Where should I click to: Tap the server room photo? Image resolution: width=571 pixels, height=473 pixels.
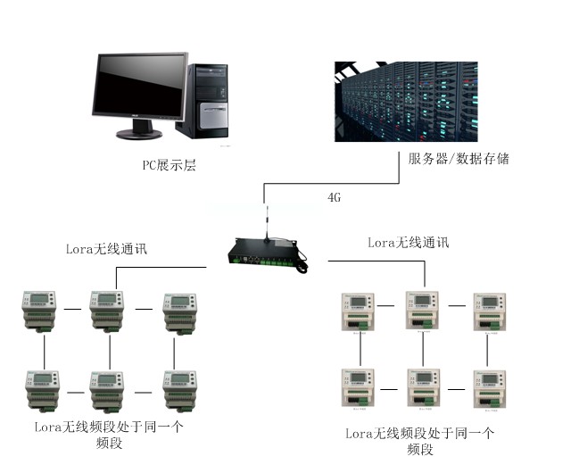pyautogui.click(x=405, y=101)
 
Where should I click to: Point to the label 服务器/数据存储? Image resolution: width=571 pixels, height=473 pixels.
pyautogui.click(x=459, y=159)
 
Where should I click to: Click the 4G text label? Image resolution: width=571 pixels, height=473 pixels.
pyautogui.click(x=335, y=195)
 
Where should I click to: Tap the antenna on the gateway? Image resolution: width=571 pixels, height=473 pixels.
pyautogui.click(x=265, y=221)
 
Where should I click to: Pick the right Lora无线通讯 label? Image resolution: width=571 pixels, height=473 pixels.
pyautogui.click(x=409, y=242)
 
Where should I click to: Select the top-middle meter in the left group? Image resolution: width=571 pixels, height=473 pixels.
pyautogui.click(x=108, y=311)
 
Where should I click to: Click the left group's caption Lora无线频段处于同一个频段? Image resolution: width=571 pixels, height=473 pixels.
pyautogui.click(x=106, y=435)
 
